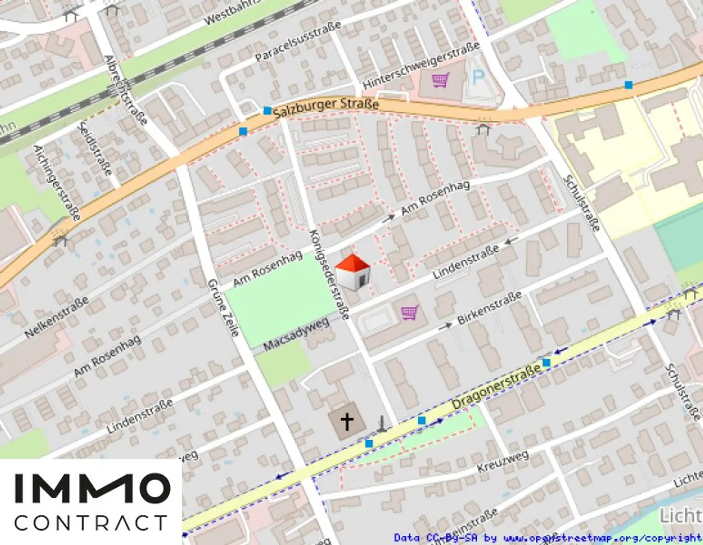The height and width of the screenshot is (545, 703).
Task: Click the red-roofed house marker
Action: (x=352, y=273)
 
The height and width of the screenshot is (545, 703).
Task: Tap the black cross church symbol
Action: (x=347, y=421)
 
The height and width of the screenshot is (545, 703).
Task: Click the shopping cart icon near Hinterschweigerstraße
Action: (x=440, y=81)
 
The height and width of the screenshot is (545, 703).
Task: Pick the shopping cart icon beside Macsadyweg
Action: (x=410, y=313)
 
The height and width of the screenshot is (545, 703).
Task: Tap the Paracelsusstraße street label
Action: (x=297, y=41)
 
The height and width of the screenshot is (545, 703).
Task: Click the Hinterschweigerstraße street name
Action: (x=421, y=65)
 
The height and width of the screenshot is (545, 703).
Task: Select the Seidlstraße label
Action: (x=95, y=149)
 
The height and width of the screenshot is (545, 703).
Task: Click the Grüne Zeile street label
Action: (x=223, y=308)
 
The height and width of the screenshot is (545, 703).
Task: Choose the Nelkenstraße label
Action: (x=56, y=318)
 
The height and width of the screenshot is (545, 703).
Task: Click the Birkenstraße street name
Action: (x=489, y=308)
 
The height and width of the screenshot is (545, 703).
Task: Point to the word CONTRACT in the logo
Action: (x=91, y=523)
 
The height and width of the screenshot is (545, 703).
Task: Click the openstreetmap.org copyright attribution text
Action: (x=547, y=538)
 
